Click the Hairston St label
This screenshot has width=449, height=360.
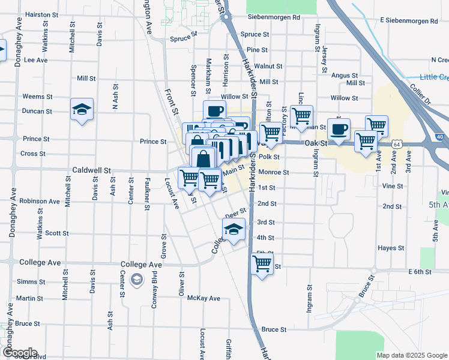tap(41, 14)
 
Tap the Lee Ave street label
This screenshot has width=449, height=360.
tap(35, 60)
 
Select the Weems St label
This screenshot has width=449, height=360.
tap(34, 97)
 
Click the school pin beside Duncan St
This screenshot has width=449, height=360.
tap(82, 110)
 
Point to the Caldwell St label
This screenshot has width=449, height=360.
tap(92, 170)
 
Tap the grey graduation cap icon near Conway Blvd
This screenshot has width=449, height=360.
tap(137, 280)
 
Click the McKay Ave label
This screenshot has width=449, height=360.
tap(203, 298)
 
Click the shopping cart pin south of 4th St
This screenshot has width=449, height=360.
tap(262, 263)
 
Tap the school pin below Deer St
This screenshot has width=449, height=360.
tap(234, 230)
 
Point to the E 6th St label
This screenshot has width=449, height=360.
tap(423, 272)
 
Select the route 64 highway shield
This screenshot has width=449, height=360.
tap(397, 145)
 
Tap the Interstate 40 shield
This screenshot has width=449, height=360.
tap(441, 137)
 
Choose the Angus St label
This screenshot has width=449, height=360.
tap(345, 76)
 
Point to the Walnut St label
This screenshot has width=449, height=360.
tap(268, 66)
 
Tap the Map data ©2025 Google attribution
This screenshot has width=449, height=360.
tap(411, 355)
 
